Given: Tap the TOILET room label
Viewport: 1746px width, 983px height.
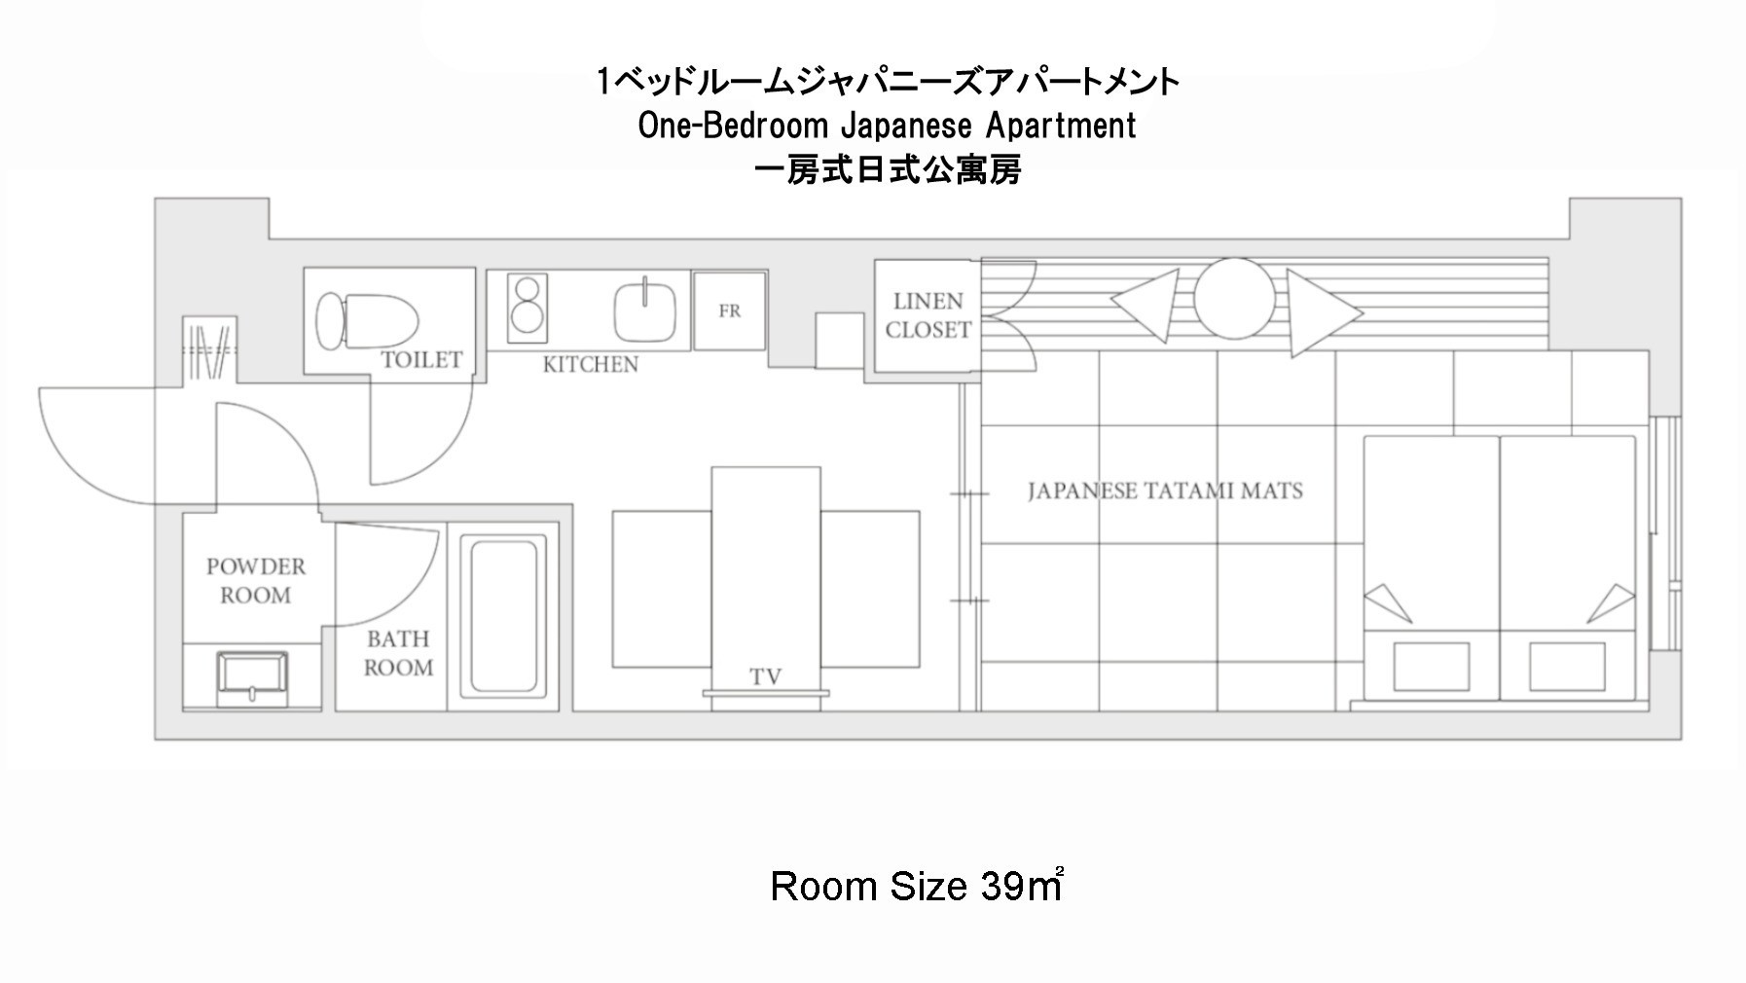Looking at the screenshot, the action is coord(421,360).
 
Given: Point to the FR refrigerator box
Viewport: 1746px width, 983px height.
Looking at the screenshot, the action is coord(730,310).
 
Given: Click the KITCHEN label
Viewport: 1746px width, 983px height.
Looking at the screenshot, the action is coord(591,365).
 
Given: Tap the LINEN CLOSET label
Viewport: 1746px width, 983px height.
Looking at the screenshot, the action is coord(928,315).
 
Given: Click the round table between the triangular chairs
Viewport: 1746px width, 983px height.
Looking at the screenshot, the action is coord(1234,299).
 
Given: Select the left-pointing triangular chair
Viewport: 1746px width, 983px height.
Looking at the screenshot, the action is coord(1146,306).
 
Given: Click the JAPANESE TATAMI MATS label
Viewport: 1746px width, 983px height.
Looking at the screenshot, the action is coord(1165,491).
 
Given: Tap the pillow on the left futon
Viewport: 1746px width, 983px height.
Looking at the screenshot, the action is coord(1431,667).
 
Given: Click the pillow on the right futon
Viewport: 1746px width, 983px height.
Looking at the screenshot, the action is coord(1567,667).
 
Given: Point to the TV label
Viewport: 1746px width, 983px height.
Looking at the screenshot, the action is coord(766,675).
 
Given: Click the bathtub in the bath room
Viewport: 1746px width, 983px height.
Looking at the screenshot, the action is coord(503,614).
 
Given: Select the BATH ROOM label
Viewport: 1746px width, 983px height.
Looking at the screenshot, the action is coord(398,653).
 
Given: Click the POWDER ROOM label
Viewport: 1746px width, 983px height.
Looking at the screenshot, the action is coord(255,580).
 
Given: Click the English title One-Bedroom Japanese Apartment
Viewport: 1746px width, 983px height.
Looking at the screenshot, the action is coord(887,126).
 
